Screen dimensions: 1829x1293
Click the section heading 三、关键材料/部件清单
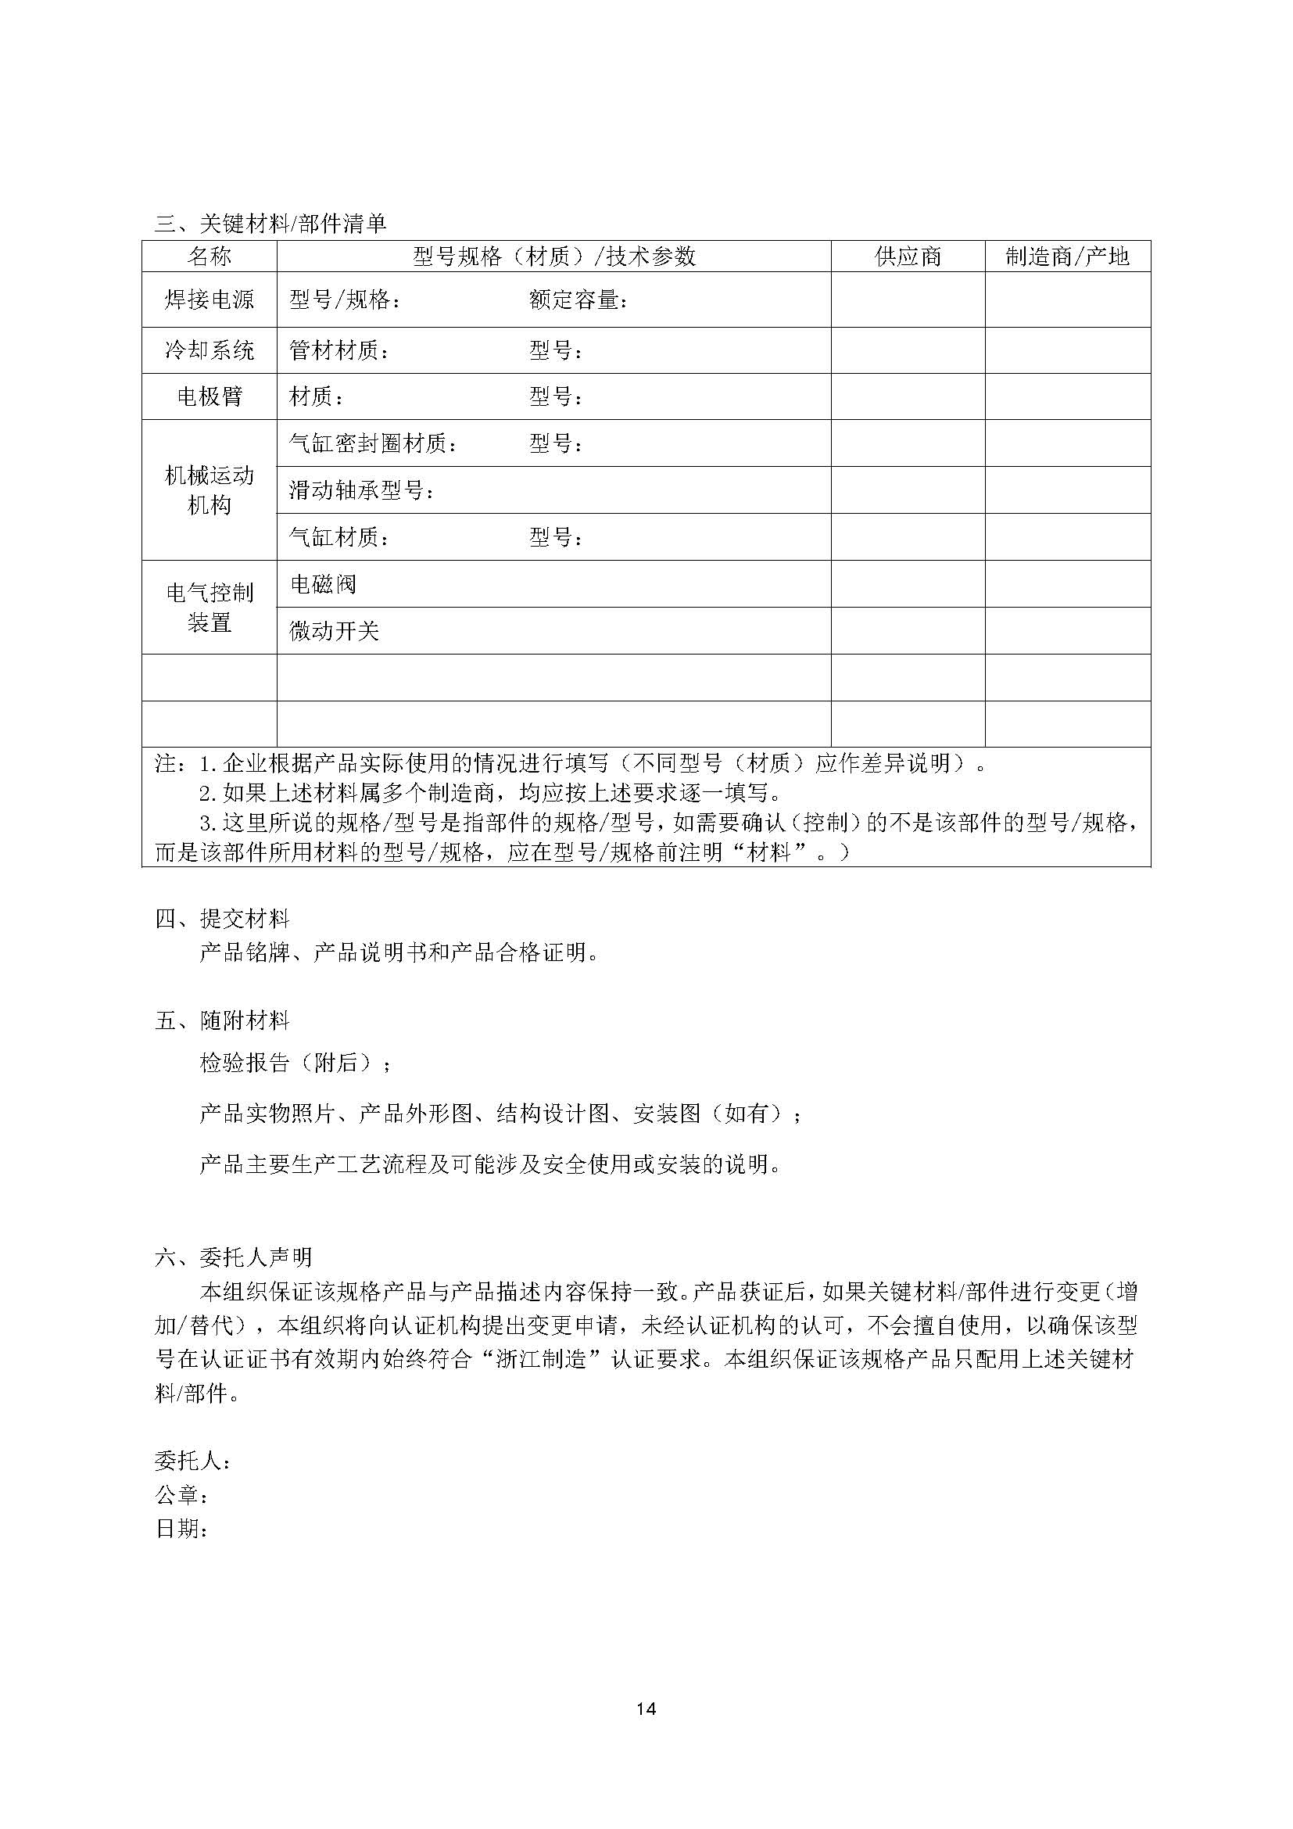tap(270, 224)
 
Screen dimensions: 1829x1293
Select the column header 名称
tap(210, 256)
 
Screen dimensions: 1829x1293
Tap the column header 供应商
tap(908, 256)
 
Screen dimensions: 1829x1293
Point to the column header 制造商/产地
tap(1067, 256)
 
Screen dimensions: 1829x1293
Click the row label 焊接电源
tap(210, 299)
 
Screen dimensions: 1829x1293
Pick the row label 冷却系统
tap(210, 350)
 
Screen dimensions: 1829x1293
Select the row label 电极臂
tap(210, 396)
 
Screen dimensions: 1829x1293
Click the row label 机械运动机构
tap(210, 490)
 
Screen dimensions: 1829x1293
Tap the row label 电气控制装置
tap(210, 607)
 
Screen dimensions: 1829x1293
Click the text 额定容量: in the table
tap(578, 300)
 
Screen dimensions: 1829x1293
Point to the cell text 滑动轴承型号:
tap(362, 491)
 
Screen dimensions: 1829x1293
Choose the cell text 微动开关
tap(334, 632)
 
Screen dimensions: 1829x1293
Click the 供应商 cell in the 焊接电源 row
tap(908, 299)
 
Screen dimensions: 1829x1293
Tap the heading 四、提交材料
tap(222, 919)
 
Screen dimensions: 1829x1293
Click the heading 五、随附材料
tap(222, 1020)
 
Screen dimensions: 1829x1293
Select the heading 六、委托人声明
tap(233, 1257)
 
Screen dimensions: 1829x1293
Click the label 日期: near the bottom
tap(182, 1530)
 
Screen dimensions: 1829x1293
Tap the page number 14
tap(646, 1708)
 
